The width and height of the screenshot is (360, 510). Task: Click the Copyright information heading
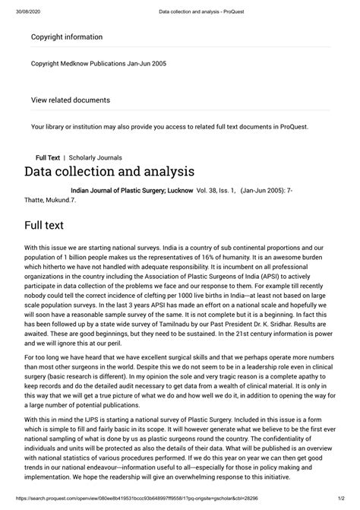click(66, 36)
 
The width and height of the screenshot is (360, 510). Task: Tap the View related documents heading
click(70, 100)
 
